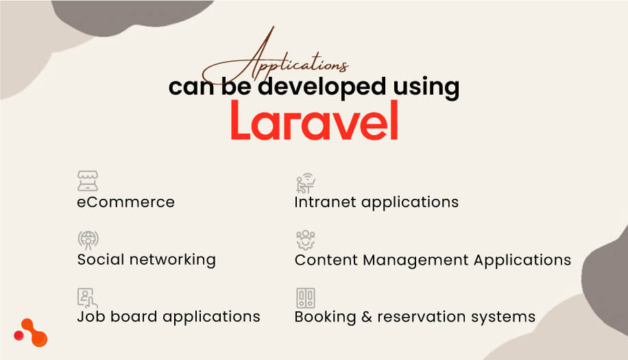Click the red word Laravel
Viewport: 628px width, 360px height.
(x=313, y=121)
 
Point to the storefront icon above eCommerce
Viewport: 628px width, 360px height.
(x=88, y=181)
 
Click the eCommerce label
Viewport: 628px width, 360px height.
(x=125, y=202)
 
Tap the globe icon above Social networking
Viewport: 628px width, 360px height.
(x=88, y=239)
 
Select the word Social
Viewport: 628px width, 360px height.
(x=99, y=260)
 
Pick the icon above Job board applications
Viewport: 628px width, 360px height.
(x=87, y=298)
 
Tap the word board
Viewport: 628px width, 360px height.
(x=131, y=317)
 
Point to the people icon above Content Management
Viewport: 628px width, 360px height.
(x=305, y=240)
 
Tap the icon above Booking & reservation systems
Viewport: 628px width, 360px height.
(x=305, y=298)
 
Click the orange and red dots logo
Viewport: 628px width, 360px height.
(x=31, y=333)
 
